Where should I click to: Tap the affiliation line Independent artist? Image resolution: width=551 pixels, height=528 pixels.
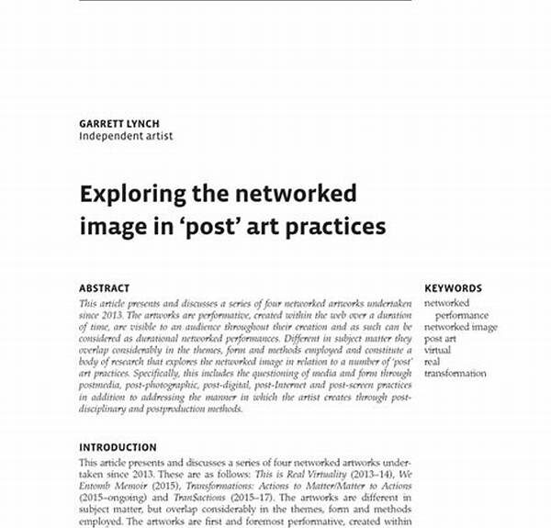[x=125, y=136]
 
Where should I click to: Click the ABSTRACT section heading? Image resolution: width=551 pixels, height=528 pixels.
[x=104, y=288]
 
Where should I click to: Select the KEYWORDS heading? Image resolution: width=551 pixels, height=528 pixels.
[x=453, y=288]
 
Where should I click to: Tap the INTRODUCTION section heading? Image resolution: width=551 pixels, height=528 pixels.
[x=118, y=448]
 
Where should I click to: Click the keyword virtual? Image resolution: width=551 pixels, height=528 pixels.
[x=437, y=350]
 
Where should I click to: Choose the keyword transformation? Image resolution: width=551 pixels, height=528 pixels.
[x=455, y=374]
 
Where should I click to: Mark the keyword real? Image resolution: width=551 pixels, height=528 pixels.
[x=432, y=362]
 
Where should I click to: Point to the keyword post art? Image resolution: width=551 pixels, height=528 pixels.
[x=440, y=339]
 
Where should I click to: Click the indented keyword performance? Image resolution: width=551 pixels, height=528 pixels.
[x=462, y=315]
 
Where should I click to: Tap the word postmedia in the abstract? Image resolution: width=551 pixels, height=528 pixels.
[x=100, y=386]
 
